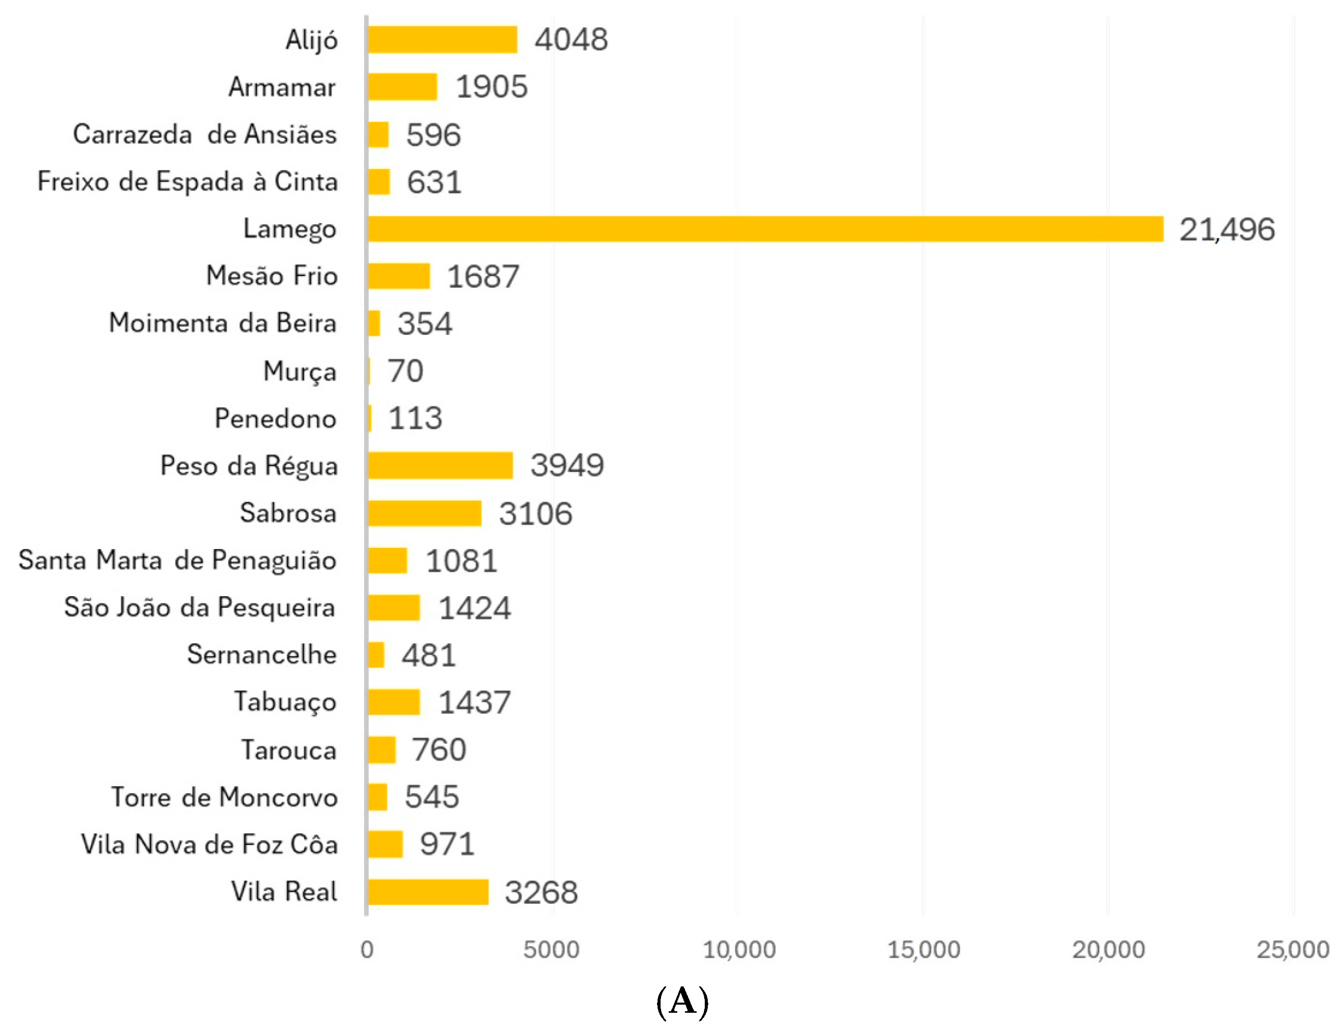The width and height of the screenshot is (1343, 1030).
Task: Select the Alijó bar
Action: coord(442,40)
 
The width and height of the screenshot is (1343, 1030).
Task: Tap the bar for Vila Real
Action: coord(428,892)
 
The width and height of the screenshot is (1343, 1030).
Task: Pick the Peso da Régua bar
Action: coord(440,465)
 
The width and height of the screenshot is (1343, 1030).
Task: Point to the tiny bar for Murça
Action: coord(369,371)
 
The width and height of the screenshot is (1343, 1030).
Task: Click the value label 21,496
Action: coord(1226,230)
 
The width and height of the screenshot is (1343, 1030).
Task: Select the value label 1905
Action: coord(491,86)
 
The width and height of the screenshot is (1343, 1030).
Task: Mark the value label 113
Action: coord(415,418)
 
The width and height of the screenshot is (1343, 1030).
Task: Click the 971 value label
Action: coord(447,844)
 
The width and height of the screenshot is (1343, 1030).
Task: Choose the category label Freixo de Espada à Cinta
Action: coord(187,182)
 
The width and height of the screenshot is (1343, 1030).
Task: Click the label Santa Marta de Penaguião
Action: coord(177,560)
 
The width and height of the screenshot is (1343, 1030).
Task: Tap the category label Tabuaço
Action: coord(285,702)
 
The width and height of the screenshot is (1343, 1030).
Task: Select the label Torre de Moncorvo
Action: coord(224,797)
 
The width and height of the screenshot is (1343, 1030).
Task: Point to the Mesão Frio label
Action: coord(271,276)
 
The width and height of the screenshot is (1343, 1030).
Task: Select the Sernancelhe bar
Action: coord(375,655)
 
